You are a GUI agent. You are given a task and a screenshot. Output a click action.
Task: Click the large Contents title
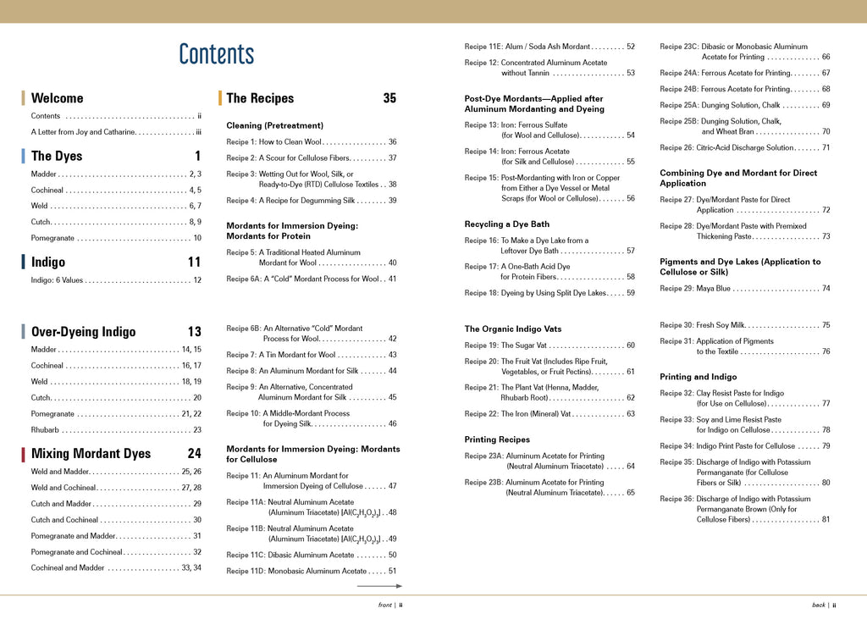click(x=216, y=54)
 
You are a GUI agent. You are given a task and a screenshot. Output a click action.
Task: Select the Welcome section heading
click(x=57, y=98)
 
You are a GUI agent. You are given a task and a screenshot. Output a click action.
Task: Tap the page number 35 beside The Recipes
click(x=389, y=98)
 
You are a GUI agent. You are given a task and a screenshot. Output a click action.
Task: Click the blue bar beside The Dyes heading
click(x=23, y=156)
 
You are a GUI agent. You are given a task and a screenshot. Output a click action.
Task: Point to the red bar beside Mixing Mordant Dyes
click(x=23, y=454)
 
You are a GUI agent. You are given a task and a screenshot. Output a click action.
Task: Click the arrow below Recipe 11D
click(x=378, y=586)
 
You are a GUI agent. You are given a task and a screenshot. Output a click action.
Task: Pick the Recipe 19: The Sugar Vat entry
click(x=549, y=345)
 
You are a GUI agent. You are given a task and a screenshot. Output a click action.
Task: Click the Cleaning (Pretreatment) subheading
click(x=274, y=125)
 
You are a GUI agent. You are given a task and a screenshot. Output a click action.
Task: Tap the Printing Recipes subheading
click(x=497, y=439)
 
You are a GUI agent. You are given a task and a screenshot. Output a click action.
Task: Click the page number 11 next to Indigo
click(x=194, y=263)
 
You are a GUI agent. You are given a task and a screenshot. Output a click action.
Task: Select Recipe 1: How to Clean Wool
click(x=311, y=142)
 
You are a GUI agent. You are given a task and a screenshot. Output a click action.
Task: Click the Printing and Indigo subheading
click(x=698, y=377)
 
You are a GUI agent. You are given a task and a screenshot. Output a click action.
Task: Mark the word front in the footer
click(x=384, y=605)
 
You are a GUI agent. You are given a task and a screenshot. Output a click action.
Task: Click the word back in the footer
click(x=818, y=605)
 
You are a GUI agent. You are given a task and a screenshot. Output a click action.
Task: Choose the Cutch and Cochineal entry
click(x=116, y=520)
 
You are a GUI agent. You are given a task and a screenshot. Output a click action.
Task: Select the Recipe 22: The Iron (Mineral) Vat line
click(x=549, y=414)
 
